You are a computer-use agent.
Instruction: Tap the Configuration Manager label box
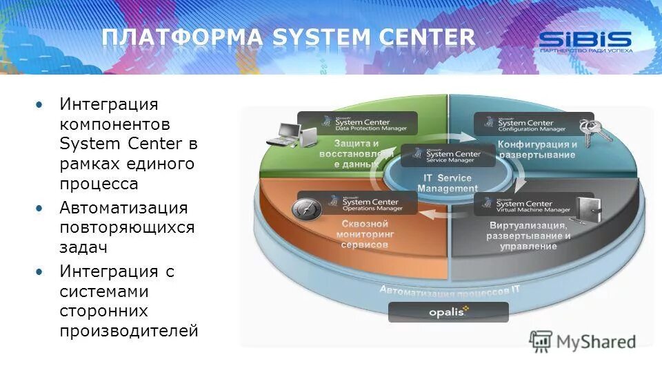coord(534,124)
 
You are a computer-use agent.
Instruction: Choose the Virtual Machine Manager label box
coord(533,204)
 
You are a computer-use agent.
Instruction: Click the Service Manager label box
coord(448,155)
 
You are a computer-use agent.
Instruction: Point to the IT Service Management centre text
coord(448,183)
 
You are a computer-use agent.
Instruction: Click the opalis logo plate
coord(448,312)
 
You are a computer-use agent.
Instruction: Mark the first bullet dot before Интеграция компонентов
coord(39,104)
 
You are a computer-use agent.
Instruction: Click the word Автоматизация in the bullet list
coord(123,207)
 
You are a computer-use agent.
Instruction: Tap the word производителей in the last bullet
coord(128,331)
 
